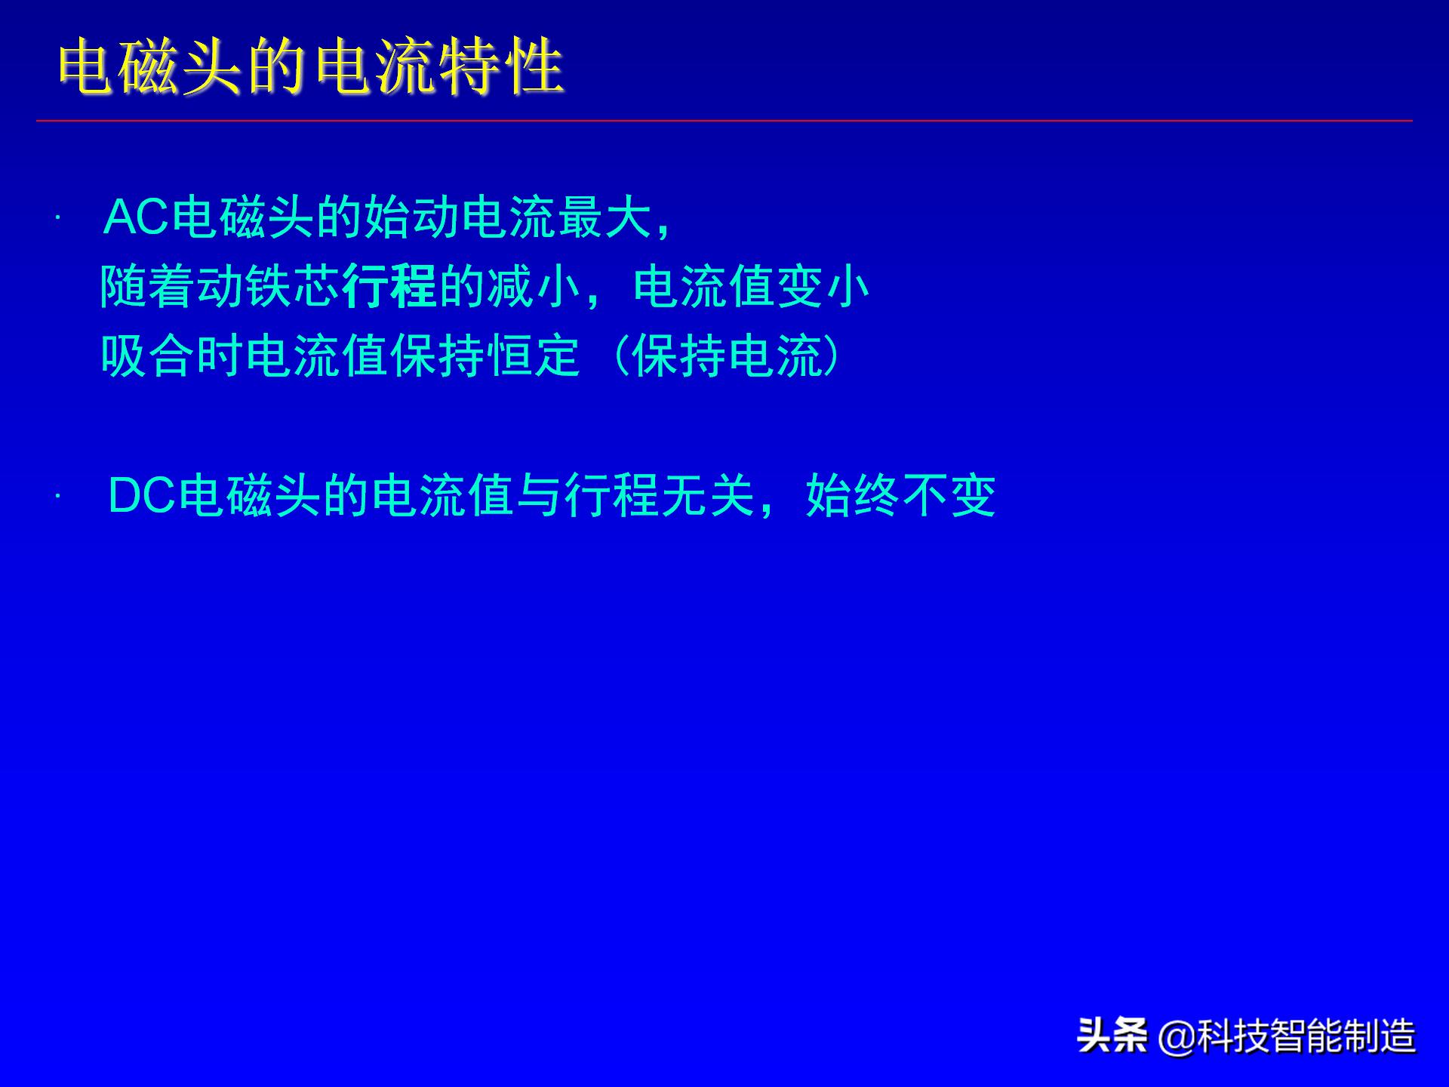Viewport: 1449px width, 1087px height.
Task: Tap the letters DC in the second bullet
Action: tap(142, 496)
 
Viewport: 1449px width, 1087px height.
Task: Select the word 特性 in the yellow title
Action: tap(502, 69)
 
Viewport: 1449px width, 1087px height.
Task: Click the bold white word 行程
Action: tap(389, 287)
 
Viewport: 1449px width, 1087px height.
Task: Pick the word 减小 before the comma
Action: tap(534, 287)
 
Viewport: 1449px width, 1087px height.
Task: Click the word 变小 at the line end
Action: tap(823, 287)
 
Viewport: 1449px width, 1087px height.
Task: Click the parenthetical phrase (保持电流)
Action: tap(728, 356)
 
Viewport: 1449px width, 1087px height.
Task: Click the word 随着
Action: tap(148, 287)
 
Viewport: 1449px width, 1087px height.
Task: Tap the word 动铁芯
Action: tap(269, 287)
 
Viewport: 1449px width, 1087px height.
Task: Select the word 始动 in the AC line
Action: tap(412, 218)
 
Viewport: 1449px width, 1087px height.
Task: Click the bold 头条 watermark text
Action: tap(1112, 1035)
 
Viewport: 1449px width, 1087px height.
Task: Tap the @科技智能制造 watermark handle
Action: tap(1287, 1036)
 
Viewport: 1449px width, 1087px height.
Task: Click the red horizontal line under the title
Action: tap(724, 121)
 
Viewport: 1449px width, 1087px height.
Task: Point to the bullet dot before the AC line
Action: tap(57, 219)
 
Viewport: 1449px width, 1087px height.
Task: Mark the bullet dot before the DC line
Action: tap(57, 497)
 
